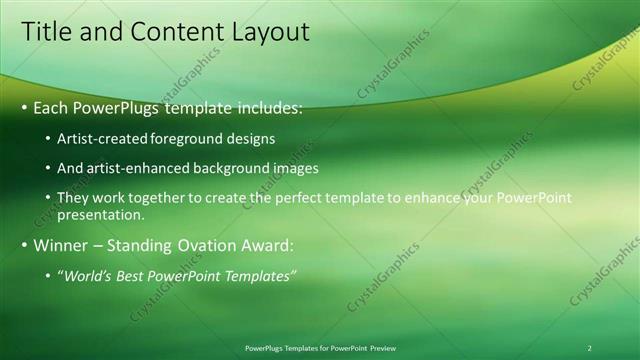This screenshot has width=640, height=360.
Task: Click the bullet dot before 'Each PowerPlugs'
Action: click(25, 107)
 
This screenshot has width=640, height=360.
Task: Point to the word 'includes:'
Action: click(267, 107)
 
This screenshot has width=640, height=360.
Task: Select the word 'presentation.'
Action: click(103, 214)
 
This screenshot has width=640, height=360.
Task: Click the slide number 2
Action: click(589, 348)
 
